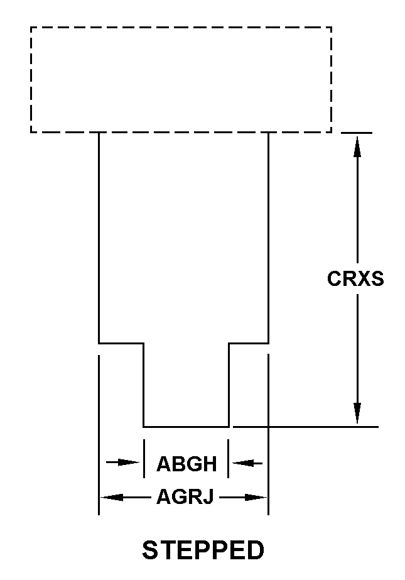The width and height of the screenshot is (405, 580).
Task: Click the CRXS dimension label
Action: (355, 278)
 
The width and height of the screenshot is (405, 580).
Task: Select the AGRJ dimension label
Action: (185, 498)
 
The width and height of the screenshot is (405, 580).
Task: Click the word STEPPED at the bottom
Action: (203, 550)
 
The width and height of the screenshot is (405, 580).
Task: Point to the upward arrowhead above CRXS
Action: (357, 145)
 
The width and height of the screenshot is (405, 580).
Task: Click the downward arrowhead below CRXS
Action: (357, 413)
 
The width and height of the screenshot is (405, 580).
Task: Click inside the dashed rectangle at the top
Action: (181, 79)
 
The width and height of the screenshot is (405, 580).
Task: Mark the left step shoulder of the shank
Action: (121, 343)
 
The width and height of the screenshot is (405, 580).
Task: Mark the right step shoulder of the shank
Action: (249, 343)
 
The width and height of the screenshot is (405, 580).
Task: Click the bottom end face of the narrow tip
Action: (186, 427)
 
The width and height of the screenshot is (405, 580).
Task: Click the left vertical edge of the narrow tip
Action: (144, 385)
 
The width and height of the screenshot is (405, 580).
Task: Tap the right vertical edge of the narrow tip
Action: (229, 385)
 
